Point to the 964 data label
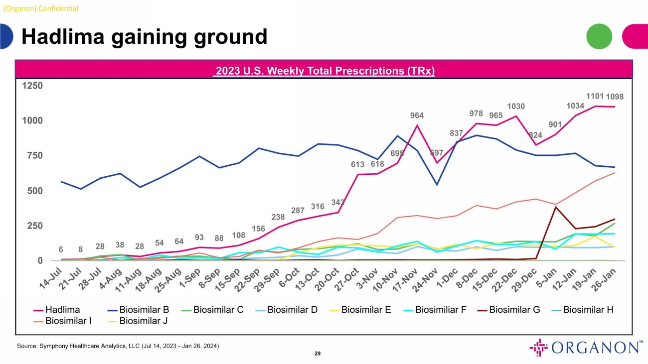(417, 116)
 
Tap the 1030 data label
(516, 106)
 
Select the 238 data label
(278, 217)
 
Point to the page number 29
(317, 354)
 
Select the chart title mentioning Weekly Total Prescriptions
(324, 72)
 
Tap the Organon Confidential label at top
(39, 8)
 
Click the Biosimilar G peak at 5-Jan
(555, 207)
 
